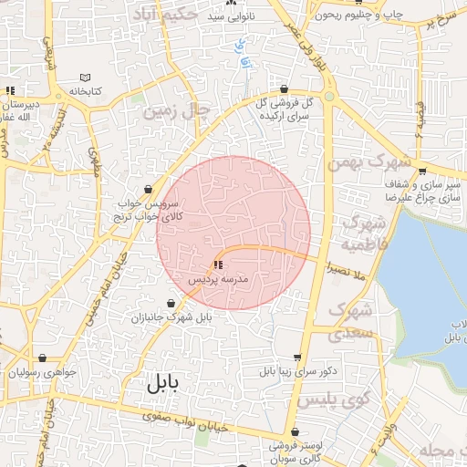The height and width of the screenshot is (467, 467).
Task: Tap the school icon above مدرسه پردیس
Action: (216, 265)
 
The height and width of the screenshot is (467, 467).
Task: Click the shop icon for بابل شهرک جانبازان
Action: (171, 303)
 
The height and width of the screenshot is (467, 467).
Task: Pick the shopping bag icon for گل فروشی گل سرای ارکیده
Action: (285, 88)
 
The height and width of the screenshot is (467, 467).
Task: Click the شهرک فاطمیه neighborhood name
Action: (364, 234)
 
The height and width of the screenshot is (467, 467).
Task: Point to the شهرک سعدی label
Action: (350, 320)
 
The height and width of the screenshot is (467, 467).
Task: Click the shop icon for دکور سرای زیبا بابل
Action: (297, 358)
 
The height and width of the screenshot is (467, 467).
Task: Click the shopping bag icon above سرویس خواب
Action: (148, 190)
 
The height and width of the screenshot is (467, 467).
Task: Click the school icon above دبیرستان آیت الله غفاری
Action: (10, 90)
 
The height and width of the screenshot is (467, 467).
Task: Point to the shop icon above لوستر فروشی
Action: (295, 432)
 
